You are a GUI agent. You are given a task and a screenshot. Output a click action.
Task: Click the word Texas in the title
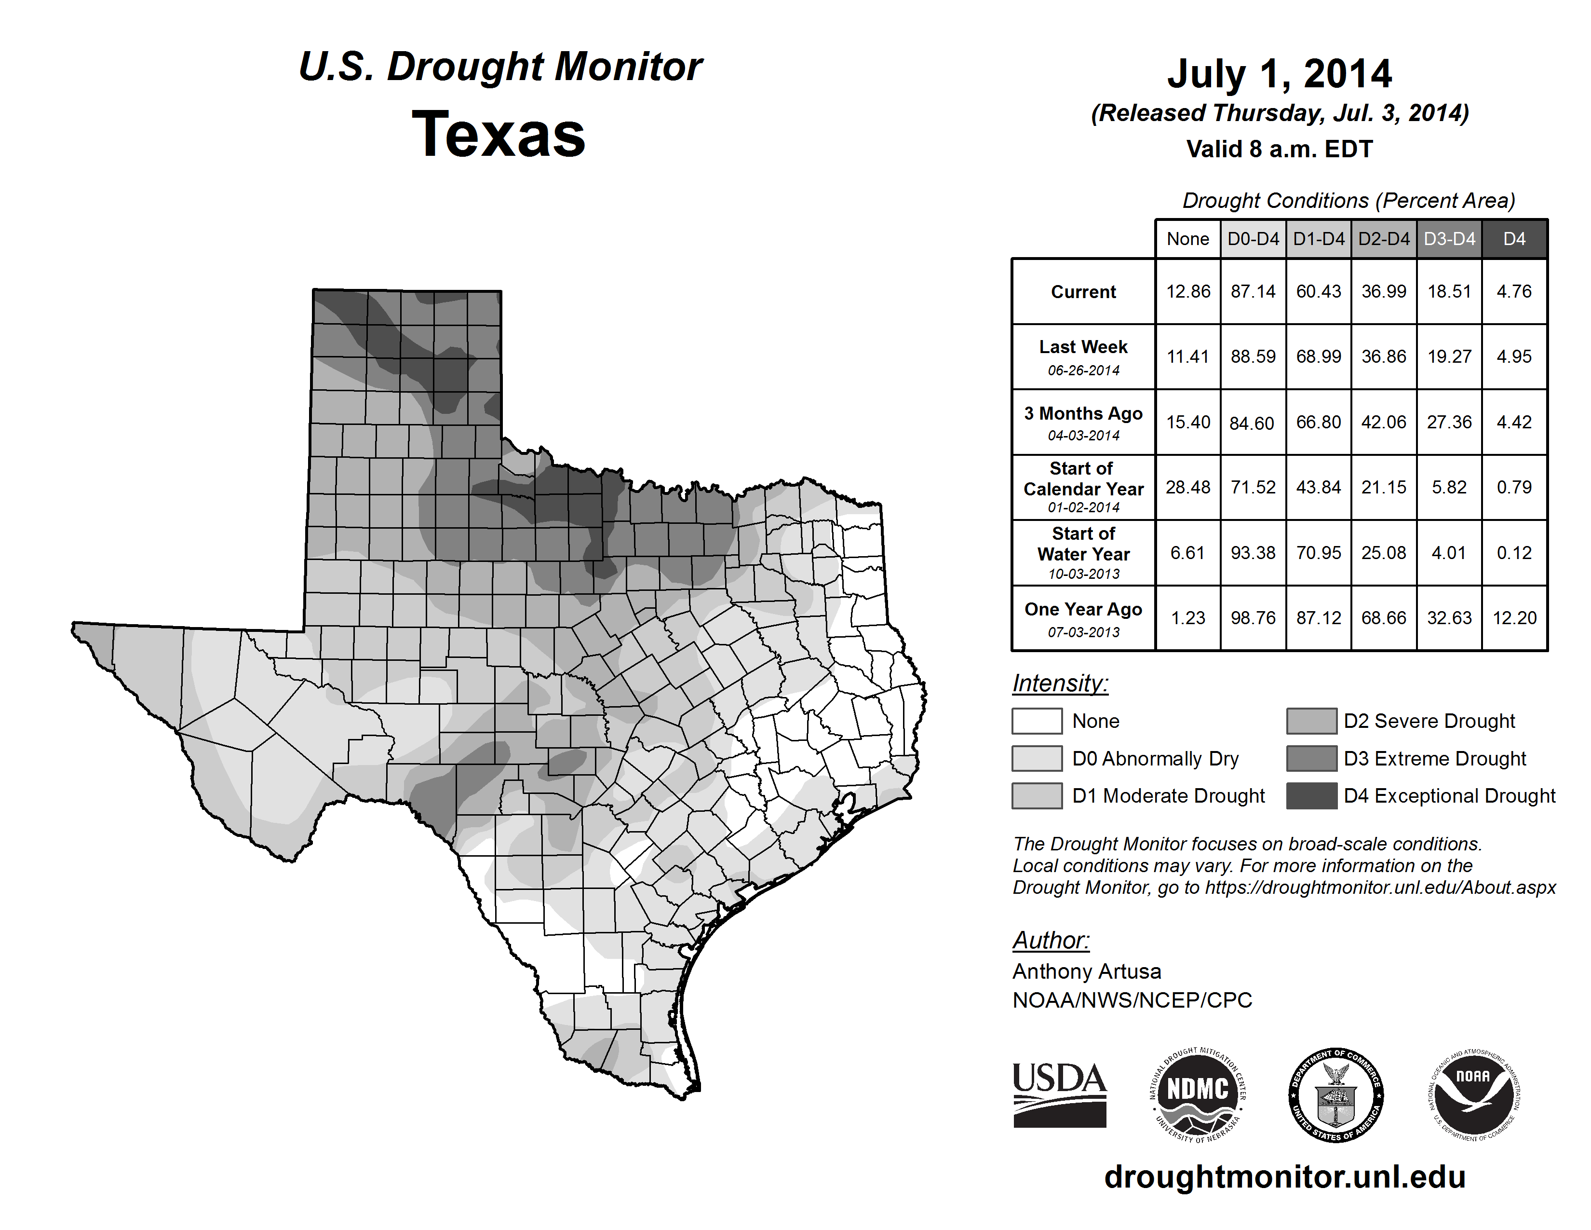click(x=499, y=134)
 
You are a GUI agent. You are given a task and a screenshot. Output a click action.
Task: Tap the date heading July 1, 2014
click(x=1279, y=74)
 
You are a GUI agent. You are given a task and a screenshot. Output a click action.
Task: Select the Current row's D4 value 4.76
click(x=1514, y=291)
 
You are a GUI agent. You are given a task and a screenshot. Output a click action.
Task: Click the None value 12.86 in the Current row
click(x=1187, y=291)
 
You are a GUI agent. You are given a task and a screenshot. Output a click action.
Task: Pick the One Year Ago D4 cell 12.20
click(x=1514, y=618)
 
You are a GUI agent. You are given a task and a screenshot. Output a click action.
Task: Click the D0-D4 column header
click(x=1253, y=239)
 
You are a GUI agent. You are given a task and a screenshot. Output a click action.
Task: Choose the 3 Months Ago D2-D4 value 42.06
click(x=1383, y=422)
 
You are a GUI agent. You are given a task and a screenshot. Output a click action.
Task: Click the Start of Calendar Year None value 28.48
click(x=1187, y=487)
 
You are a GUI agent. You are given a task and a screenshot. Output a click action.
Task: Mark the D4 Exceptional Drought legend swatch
click(x=1311, y=796)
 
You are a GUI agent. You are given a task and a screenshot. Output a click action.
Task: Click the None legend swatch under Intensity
click(x=1037, y=721)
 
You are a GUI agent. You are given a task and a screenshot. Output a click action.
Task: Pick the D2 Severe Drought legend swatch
click(x=1311, y=721)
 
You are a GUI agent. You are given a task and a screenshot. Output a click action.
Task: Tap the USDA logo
click(x=1059, y=1094)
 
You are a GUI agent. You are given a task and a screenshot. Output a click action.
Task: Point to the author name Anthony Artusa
click(x=1086, y=971)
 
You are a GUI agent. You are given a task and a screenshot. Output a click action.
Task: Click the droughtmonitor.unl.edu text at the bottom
click(x=1284, y=1177)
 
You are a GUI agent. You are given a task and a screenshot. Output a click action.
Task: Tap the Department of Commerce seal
click(x=1336, y=1096)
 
